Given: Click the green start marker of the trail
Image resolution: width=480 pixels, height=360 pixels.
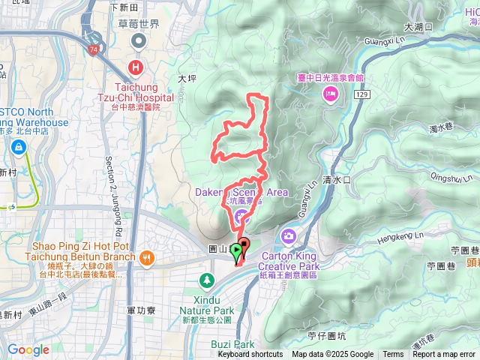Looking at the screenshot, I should point(236,250).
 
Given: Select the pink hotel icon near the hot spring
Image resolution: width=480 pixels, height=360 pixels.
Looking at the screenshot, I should point(329,93).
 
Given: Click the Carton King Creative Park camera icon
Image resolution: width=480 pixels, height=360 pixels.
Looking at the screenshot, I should point(288,237).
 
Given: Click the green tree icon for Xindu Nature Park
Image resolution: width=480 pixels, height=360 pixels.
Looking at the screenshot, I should point(206,280).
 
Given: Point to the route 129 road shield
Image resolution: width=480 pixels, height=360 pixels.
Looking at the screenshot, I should point(362,97).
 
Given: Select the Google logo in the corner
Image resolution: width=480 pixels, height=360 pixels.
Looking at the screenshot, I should point(28,349).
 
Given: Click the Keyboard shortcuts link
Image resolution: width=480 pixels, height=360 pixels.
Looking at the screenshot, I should point(250,355).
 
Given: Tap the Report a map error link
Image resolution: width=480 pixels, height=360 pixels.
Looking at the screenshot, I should point(445,355).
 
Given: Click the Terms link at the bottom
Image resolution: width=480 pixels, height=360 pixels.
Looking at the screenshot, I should point(393,355).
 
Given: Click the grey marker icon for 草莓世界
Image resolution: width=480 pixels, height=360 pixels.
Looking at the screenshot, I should point(138,39).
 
